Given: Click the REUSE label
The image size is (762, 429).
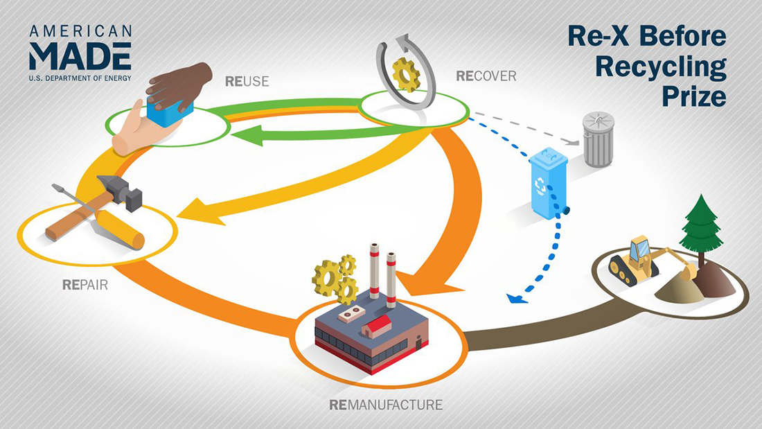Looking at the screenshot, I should (247, 82).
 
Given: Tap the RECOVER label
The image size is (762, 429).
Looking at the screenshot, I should (486, 76).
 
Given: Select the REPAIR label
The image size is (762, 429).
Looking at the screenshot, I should (85, 284).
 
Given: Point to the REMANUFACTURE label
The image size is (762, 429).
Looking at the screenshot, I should (386, 404).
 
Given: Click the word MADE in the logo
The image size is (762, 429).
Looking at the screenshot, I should (80, 55).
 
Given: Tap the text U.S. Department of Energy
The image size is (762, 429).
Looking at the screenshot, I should (80, 78).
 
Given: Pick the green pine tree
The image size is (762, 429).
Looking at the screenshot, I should (701, 222).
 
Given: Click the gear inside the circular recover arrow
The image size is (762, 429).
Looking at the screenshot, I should (406, 74).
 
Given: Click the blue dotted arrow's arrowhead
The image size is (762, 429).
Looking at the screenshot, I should (514, 298).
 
